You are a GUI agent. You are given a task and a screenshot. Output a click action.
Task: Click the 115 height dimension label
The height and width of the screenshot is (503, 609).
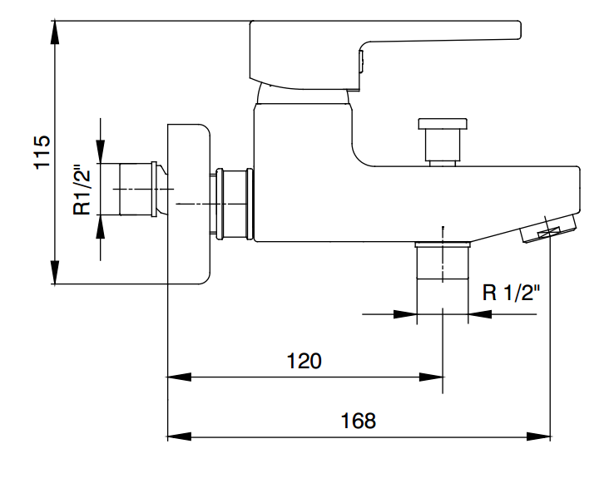[42, 152]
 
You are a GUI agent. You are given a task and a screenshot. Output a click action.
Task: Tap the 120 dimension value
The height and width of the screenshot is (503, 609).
[304, 361]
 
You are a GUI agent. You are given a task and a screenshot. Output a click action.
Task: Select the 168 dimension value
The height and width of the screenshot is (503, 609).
[358, 421]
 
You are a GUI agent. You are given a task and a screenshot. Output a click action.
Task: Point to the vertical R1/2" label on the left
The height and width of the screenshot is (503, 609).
[82, 190]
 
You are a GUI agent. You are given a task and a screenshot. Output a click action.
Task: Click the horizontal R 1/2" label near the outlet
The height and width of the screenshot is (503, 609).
[511, 293]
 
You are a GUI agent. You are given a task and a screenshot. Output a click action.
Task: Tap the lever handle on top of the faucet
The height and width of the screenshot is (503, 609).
[384, 53]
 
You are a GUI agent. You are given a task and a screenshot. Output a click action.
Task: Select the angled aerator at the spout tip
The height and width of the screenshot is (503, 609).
[548, 229]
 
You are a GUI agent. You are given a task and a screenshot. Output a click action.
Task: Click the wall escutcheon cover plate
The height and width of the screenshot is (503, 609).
[189, 205]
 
